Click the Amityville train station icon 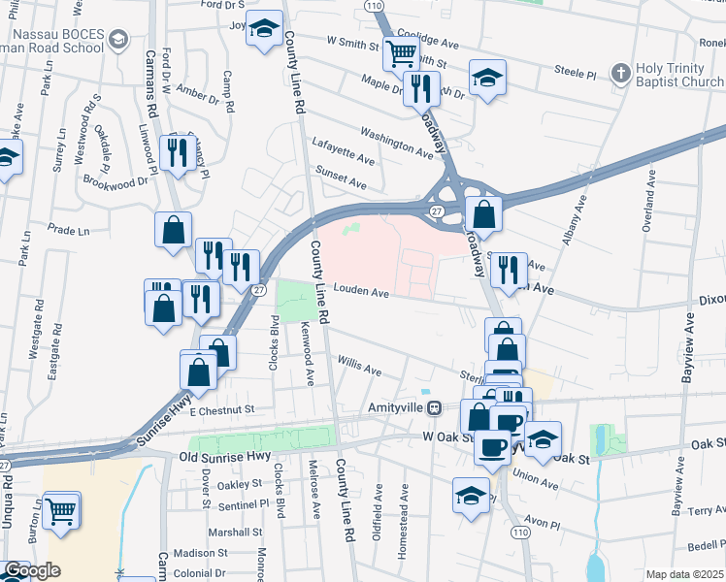436,408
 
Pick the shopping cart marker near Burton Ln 61,508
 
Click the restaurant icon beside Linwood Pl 177,152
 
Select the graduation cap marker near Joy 262,29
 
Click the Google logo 32,570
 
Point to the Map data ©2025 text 685,574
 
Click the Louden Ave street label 362,291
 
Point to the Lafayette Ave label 343,149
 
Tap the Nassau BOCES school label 52,39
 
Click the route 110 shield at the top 375,6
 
